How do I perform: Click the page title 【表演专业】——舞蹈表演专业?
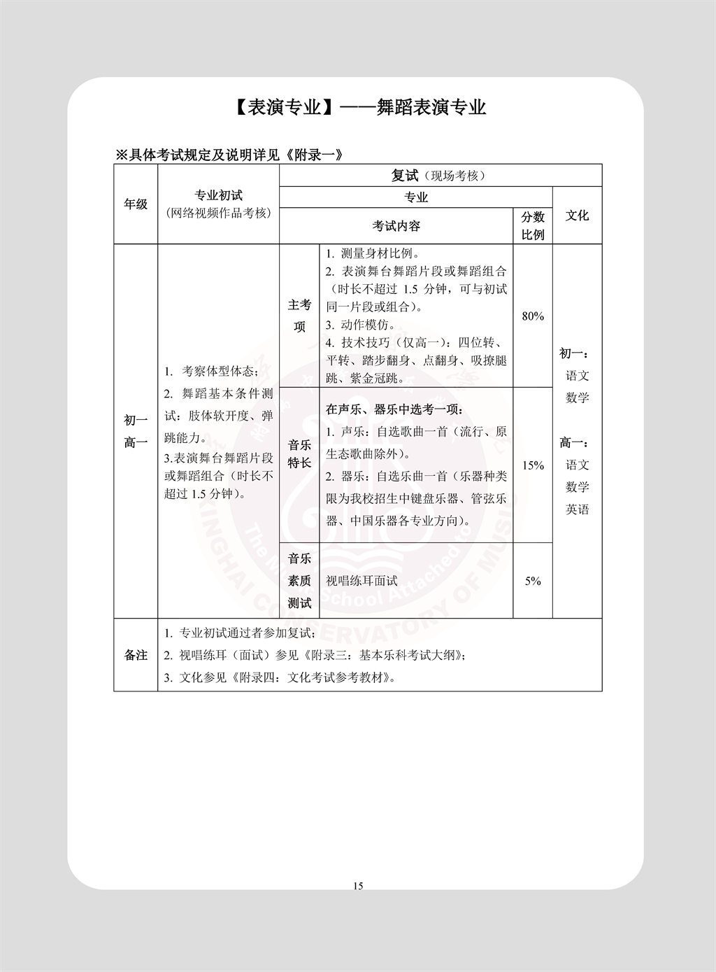tap(357, 107)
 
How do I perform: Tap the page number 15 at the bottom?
tap(358, 886)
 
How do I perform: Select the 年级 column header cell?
tap(136, 204)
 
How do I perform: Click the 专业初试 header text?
tap(218, 196)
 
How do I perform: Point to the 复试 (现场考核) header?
tap(440, 176)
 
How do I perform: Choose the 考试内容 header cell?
tap(396, 226)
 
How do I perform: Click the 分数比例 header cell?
tap(533, 225)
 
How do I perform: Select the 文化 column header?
tap(577, 216)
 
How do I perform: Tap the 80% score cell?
tap(533, 316)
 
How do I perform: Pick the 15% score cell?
tap(533, 465)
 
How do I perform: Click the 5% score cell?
tap(533, 581)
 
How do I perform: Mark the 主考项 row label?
tap(299, 316)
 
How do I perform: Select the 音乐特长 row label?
tap(299, 454)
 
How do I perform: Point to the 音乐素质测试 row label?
tap(299, 581)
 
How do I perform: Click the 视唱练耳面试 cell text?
tap(361, 581)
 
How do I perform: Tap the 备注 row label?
tap(136, 655)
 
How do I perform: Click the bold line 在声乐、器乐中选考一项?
tap(394, 409)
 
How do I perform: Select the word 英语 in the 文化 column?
tap(577, 509)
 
